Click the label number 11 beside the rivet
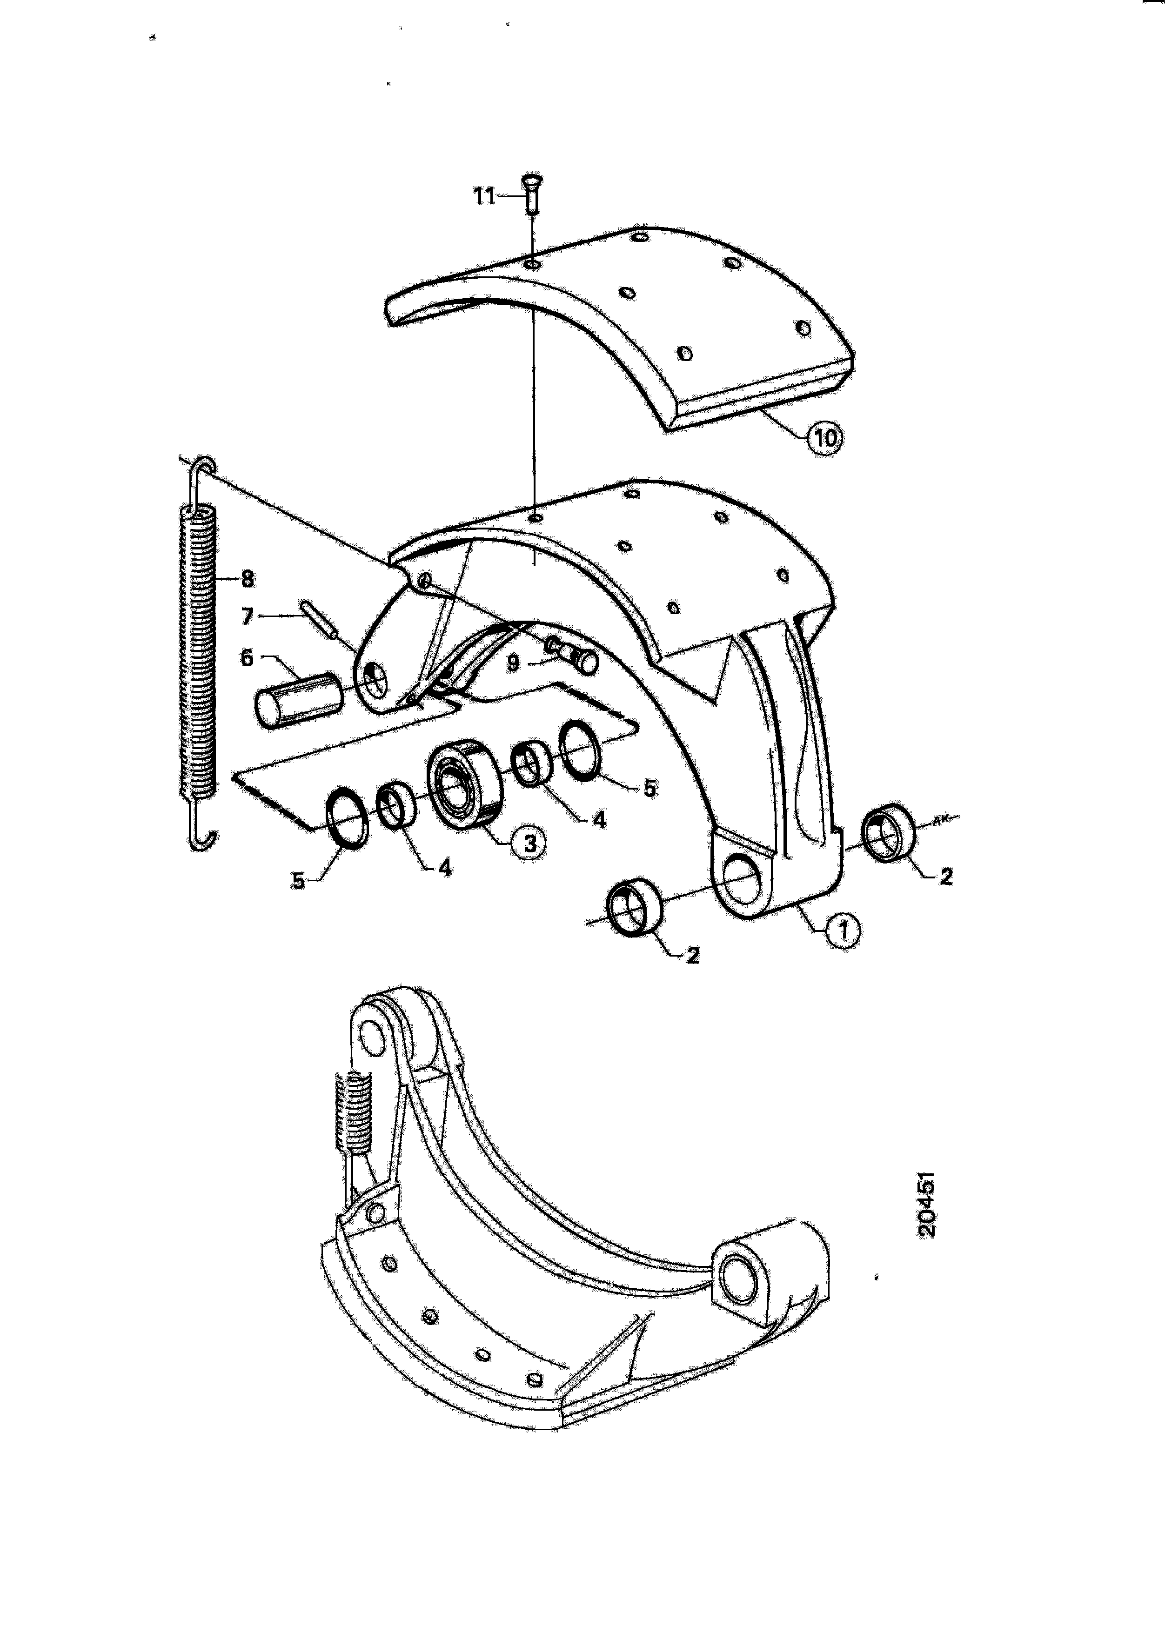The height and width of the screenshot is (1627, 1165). pos(484,195)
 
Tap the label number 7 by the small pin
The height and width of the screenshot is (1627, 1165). pos(248,616)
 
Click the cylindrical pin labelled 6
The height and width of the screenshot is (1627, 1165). pos(298,699)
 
